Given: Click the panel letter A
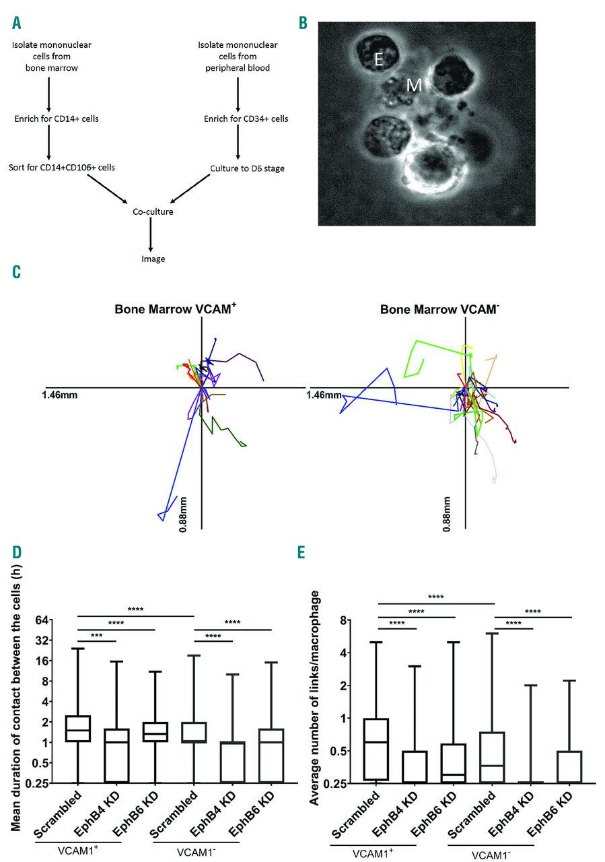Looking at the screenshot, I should tap(16, 24).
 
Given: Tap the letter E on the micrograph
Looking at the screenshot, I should tap(378, 60).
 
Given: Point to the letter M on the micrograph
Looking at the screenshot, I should tap(415, 84).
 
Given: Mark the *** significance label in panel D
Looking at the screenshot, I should tap(97, 635).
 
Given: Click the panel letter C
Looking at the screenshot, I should tap(16, 271).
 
